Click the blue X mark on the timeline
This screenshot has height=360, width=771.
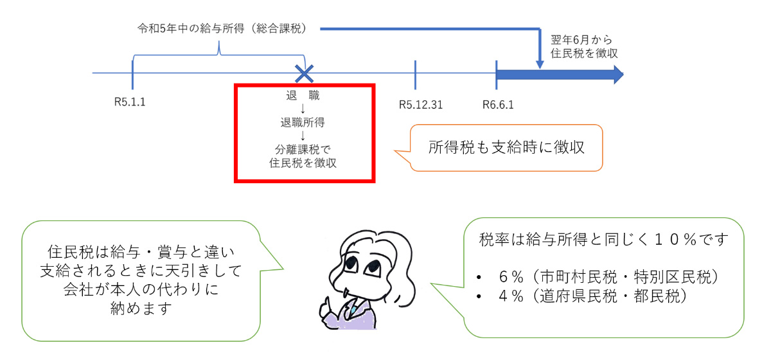303,73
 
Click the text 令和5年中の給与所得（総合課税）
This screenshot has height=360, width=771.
222,29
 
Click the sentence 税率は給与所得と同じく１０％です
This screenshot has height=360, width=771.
603,241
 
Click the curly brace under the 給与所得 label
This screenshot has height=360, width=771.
218,51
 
